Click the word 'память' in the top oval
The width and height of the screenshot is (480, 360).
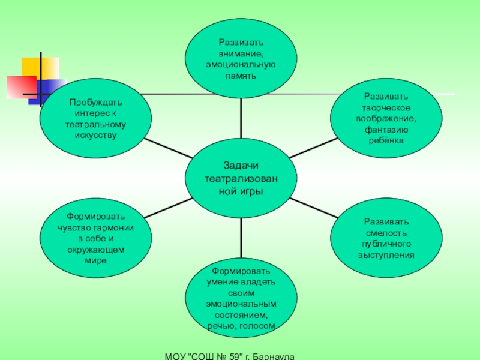point(240,76)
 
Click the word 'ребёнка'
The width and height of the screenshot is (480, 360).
point(386,139)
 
